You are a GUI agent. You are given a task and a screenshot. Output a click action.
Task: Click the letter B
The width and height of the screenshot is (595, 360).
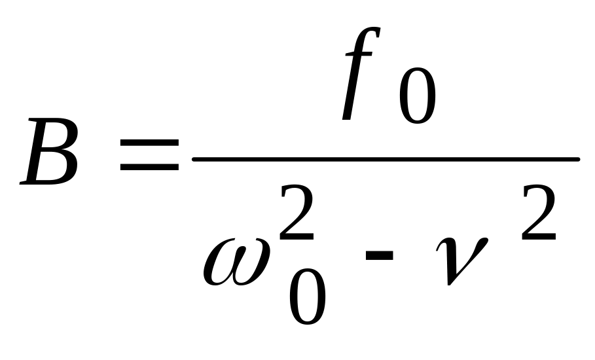point(49,152)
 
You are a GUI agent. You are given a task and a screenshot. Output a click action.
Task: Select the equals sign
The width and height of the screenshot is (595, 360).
point(149,154)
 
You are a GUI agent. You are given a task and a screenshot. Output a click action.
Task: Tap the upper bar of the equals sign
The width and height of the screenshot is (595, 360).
point(149,143)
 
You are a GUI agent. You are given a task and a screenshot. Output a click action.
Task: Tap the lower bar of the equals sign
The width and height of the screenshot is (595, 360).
point(149,167)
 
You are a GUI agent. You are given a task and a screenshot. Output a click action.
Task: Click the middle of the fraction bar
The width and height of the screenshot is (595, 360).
point(386,159)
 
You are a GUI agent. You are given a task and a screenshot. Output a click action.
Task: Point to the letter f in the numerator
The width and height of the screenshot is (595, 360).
point(361,74)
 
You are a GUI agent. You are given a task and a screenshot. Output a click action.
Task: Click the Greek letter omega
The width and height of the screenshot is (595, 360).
point(237,262)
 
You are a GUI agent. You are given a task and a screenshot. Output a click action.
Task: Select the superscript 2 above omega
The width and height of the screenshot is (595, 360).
point(297,213)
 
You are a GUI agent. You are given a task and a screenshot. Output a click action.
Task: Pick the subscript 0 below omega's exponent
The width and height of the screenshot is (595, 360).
point(307,297)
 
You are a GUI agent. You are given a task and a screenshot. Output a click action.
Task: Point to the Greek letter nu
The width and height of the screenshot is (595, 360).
point(461,261)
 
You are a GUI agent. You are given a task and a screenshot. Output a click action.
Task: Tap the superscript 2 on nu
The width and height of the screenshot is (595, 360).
point(539,213)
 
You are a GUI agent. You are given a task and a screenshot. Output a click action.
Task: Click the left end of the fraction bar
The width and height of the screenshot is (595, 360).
point(193,159)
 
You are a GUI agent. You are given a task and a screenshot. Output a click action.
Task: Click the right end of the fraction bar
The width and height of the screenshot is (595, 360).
point(579,159)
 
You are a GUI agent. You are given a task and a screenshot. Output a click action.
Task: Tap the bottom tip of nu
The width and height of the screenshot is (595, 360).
point(449,285)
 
